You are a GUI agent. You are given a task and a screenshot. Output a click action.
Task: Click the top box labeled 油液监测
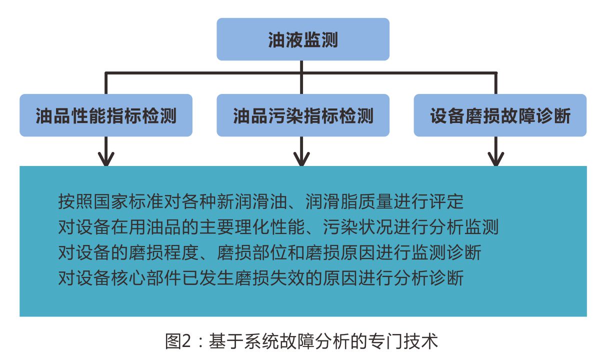pyautogui.click(x=303, y=39)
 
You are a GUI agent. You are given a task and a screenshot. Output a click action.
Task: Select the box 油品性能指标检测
pyautogui.click(x=106, y=115)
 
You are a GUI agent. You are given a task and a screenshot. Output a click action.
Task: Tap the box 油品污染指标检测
pyautogui.click(x=303, y=115)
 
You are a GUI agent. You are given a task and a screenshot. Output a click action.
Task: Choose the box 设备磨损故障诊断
pyautogui.click(x=500, y=115)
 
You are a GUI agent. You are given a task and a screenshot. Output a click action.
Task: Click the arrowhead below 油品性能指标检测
pyautogui.click(x=106, y=160)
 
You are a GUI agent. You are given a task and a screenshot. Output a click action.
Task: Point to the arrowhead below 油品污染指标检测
pyautogui.click(x=301, y=160)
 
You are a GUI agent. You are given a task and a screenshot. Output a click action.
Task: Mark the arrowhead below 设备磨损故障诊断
pyautogui.click(x=496, y=160)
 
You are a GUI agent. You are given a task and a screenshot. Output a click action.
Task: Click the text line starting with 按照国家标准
pyautogui.click(x=261, y=201)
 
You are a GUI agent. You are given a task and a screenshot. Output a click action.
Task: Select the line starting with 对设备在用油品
pyautogui.click(x=278, y=227)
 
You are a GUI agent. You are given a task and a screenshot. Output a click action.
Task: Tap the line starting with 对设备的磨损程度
pyautogui.click(x=269, y=252)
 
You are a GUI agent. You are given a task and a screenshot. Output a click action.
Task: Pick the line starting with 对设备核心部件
pyautogui.click(x=261, y=278)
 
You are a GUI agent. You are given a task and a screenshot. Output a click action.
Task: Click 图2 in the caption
pyautogui.click(x=178, y=341)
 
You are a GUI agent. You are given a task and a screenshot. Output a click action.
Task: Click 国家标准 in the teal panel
pyautogui.click(x=128, y=201)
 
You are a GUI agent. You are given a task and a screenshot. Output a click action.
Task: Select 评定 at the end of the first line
pyautogui.click(x=446, y=201)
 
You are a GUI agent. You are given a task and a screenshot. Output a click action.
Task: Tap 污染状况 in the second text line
pyautogui.click(x=358, y=227)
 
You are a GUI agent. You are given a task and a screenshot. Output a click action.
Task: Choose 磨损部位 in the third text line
pyautogui.click(x=252, y=252)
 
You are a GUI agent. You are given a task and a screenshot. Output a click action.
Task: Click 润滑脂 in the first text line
pyautogui.click(x=331, y=201)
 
